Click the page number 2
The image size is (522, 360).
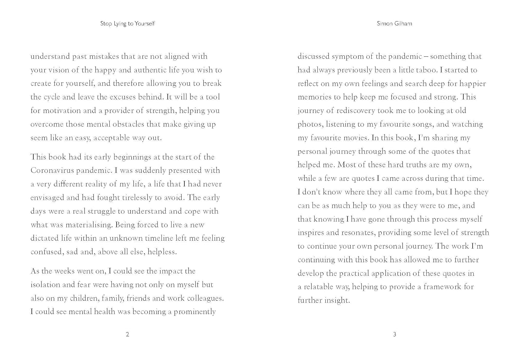click(127, 335)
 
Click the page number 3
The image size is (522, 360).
click(394, 335)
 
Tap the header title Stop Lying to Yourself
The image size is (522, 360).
click(127, 24)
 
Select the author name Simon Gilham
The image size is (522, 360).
click(394, 24)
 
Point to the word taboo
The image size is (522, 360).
click(426, 70)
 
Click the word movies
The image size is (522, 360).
click(356, 138)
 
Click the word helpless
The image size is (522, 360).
click(162, 252)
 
